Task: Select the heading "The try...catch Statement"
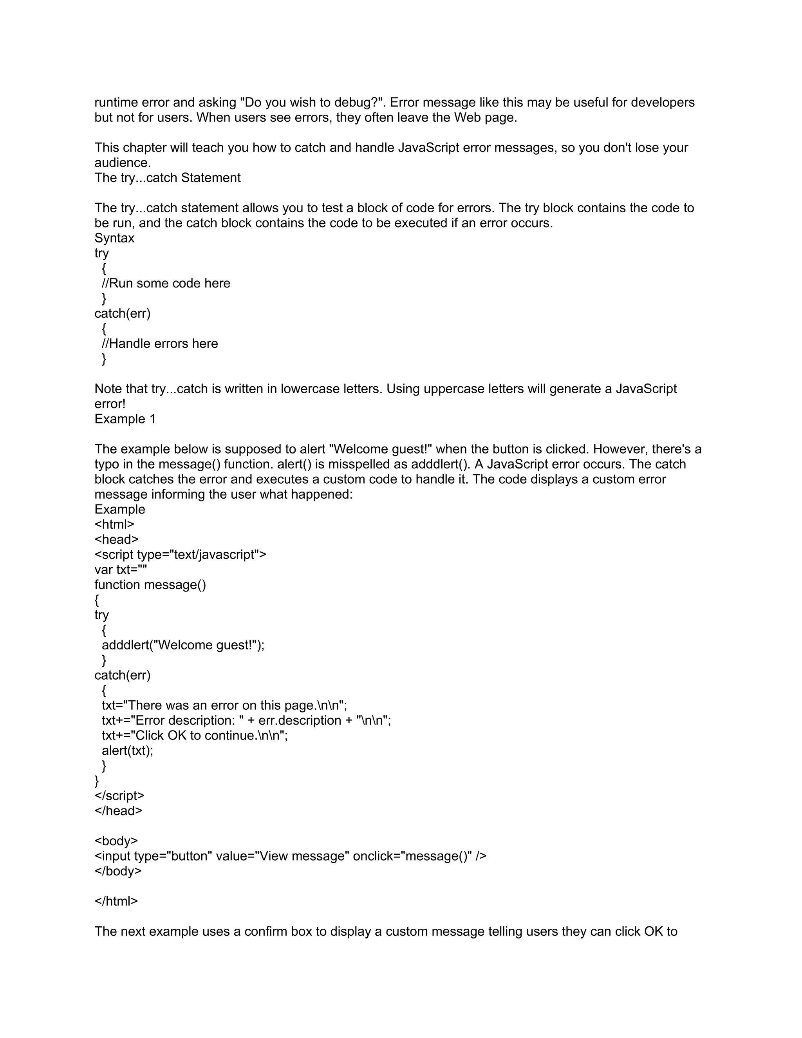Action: (167, 178)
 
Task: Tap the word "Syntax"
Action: (114, 238)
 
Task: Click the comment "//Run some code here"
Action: (166, 283)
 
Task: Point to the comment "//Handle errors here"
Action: (160, 344)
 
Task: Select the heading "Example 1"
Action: (125, 419)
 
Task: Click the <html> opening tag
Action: (114, 524)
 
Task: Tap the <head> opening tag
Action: (116, 539)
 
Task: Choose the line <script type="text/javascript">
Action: (180, 555)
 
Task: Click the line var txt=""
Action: (121, 570)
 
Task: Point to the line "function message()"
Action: (150, 584)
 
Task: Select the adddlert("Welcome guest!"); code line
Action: (183, 645)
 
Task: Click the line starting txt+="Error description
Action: (246, 720)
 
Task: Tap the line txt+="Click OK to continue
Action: (195, 736)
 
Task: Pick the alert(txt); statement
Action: (127, 751)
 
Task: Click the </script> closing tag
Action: (119, 796)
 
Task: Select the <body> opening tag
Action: (116, 841)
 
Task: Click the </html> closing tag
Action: (116, 902)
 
